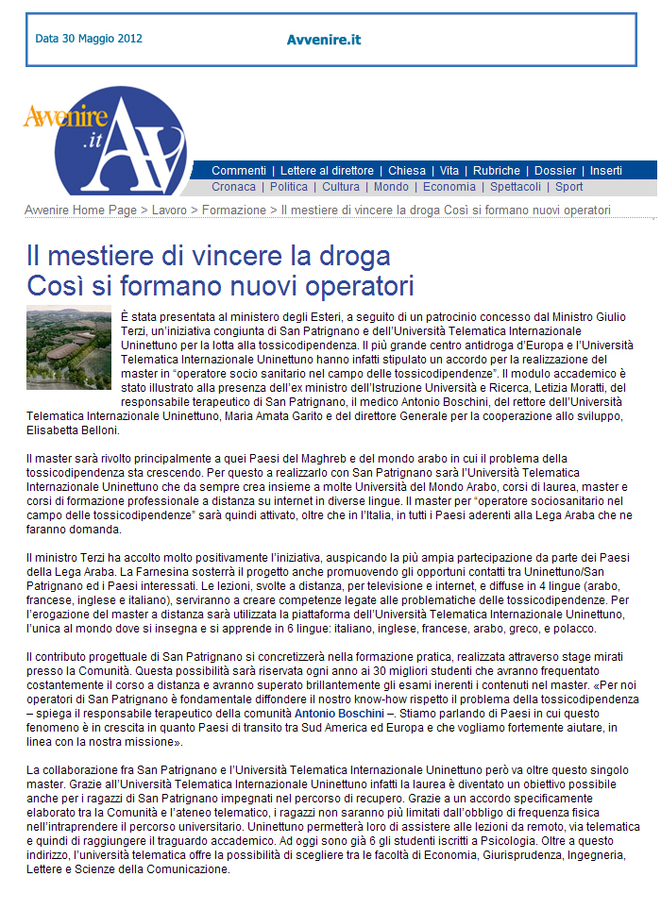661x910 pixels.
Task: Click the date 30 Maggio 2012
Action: (89, 40)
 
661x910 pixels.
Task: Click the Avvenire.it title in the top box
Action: (323, 40)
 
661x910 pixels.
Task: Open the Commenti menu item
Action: (239, 171)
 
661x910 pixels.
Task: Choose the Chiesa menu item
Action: (407, 171)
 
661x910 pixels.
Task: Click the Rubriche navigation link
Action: (496, 171)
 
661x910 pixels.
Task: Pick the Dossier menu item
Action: (555, 171)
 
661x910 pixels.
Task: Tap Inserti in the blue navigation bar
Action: (606, 171)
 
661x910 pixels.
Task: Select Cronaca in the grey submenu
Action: (233, 187)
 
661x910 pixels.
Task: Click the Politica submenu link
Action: (289, 187)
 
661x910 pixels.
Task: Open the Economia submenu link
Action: (449, 187)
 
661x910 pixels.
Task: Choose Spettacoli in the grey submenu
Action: (516, 187)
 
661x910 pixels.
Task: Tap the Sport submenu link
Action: (569, 187)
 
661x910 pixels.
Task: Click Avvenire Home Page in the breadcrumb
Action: (80, 210)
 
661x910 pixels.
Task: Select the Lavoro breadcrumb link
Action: (169, 210)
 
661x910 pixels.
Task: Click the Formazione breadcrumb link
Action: (234, 210)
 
